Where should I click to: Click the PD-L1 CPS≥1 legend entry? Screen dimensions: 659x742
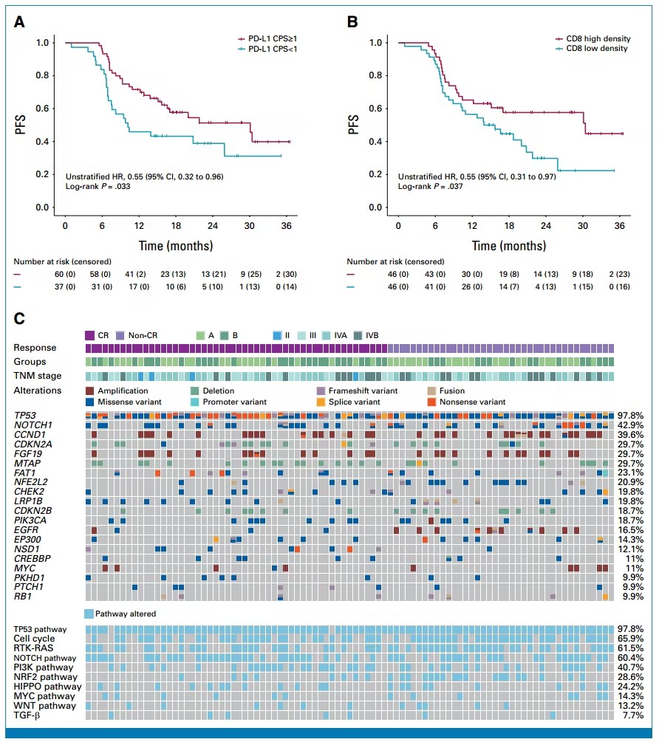point(267,38)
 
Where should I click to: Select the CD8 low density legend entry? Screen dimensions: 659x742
point(592,48)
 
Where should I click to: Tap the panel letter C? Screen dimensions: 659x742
point(19,318)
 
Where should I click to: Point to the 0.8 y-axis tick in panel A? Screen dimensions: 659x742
point(42,75)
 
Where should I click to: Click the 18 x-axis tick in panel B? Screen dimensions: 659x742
point(509,226)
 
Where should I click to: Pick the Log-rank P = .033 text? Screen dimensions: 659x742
point(98,187)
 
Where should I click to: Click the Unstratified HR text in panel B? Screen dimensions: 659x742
point(477,176)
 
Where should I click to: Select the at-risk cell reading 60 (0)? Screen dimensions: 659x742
point(65,274)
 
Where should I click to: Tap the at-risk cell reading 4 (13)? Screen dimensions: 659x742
point(545,286)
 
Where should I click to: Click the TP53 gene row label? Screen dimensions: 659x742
point(25,416)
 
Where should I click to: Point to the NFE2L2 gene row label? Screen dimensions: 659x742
point(31,482)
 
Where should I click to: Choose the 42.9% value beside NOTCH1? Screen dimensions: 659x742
point(630,425)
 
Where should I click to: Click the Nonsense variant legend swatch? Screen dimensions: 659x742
point(431,402)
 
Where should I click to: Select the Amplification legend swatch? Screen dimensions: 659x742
point(89,391)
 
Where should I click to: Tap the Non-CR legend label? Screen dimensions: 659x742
point(143,335)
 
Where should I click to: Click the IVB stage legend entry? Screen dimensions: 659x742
point(366,335)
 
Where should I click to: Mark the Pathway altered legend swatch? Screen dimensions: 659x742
point(89,614)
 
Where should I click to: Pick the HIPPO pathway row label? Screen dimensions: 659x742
point(47,687)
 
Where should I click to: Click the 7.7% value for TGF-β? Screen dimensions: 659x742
point(633,715)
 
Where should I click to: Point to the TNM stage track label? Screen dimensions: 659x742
point(38,376)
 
